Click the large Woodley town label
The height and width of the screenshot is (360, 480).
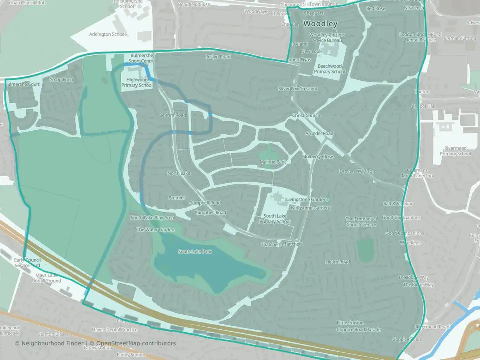[x=320, y=24]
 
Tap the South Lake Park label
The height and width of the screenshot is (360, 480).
[x=195, y=251]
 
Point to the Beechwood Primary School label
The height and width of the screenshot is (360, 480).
[x=329, y=69]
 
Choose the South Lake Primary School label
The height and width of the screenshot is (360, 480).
[x=276, y=219]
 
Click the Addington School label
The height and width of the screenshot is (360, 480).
[x=107, y=35]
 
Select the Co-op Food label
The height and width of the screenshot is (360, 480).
[x=61, y=80]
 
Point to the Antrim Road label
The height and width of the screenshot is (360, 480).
[x=173, y=115]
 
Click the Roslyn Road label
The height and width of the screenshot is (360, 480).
[x=218, y=57]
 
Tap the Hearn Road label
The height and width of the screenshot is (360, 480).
[x=337, y=262]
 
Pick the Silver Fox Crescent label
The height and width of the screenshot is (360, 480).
[x=298, y=89]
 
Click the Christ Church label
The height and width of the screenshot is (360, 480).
[x=306, y=116]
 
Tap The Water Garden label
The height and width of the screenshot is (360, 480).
[x=156, y=230]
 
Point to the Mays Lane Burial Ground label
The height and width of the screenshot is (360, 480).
[x=45, y=278]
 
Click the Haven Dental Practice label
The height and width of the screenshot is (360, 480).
[x=115, y=329]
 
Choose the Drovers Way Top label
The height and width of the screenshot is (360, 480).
[x=357, y=171]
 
